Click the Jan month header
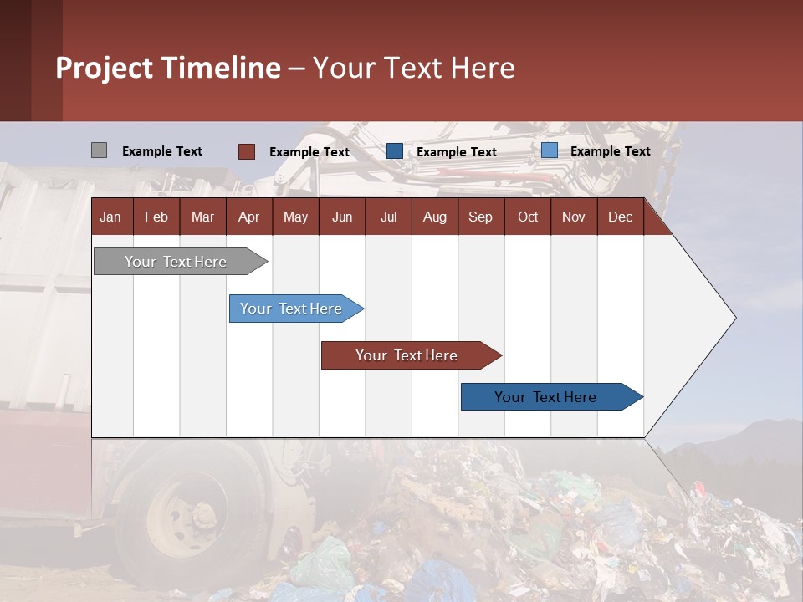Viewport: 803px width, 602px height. click(110, 217)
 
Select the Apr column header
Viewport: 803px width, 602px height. click(249, 217)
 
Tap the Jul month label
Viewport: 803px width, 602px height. click(389, 217)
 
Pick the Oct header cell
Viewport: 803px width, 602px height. click(528, 217)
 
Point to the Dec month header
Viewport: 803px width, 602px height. click(620, 217)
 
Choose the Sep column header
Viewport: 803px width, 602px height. click(481, 217)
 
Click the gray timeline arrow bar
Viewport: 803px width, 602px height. click(181, 262)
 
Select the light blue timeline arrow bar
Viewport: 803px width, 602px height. click(296, 309)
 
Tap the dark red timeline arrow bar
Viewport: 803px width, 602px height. click(412, 355)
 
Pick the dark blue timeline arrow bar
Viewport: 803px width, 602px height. click(552, 396)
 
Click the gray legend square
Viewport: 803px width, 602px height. click(99, 150)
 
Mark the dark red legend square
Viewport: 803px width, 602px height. click(246, 151)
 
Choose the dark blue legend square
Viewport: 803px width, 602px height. click(394, 151)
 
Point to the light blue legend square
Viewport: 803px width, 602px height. click(550, 150)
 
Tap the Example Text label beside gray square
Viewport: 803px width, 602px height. click(161, 151)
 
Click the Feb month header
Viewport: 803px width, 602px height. click(156, 217)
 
